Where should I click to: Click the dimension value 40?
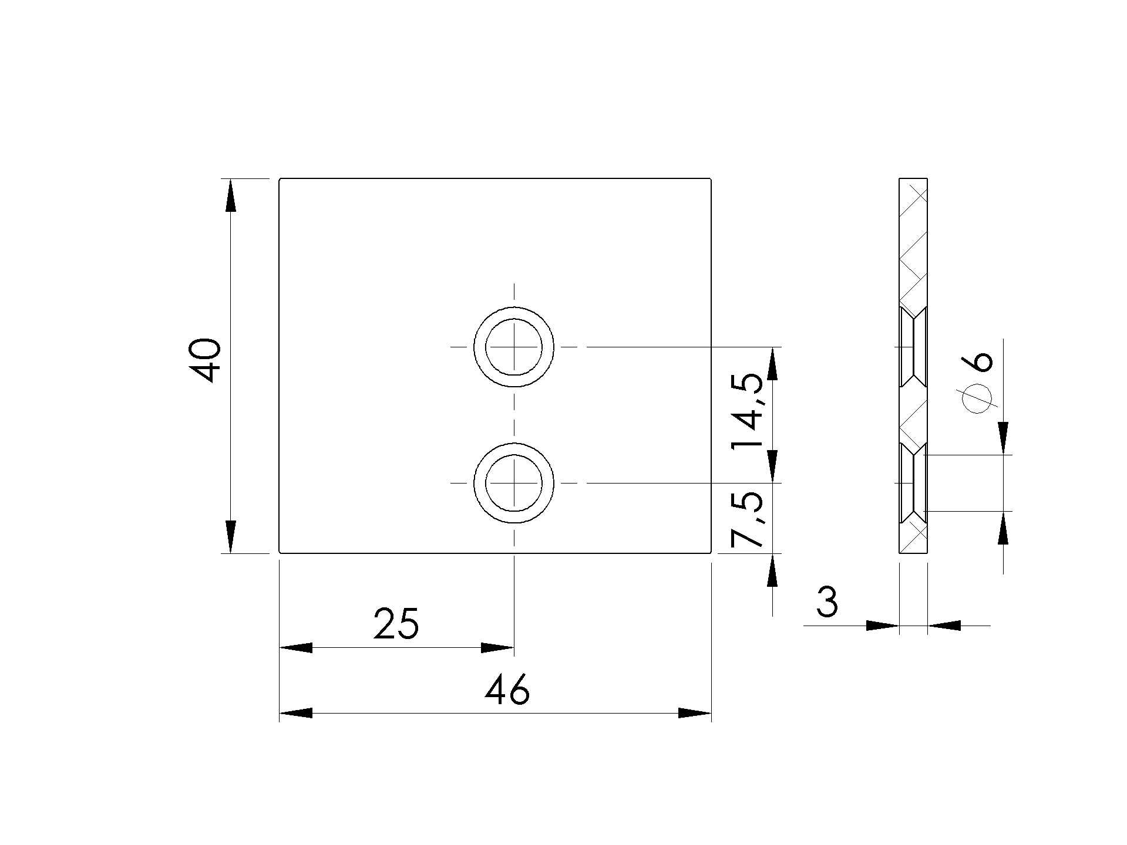[x=206, y=360]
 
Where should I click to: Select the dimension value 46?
[x=507, y=689]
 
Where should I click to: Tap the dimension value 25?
[x=396, y=623]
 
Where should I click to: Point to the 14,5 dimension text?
[x=748, y=411]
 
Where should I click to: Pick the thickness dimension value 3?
[x=827, y=602]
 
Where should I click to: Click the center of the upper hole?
[x=514, y=347]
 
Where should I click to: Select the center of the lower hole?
[x=514, y=482]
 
